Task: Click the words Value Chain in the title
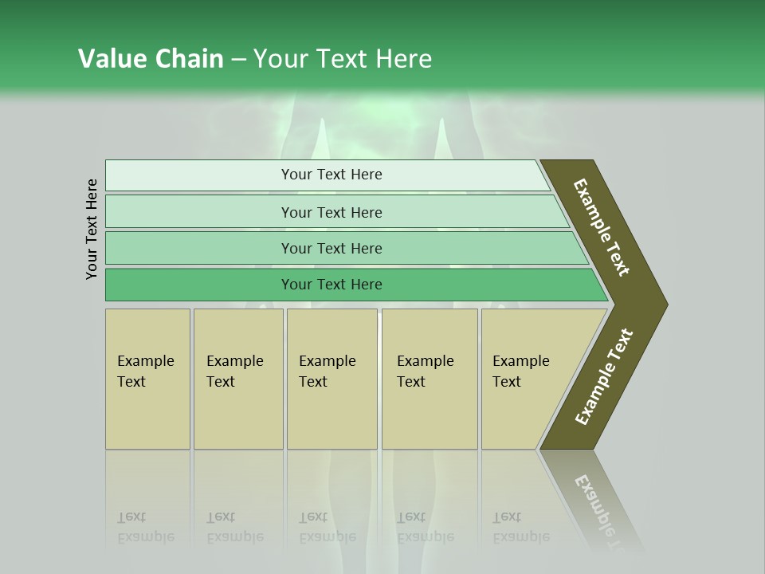[x=151, y=59]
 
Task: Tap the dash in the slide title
[x=238, y=60]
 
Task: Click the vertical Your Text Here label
[x=92, y=229]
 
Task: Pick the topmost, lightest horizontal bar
[x=331, y=175]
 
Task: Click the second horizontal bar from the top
[x=331, y=212]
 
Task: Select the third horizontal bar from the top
[x=331, y=248]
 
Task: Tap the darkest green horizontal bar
[x=331, y=285]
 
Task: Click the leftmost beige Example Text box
[x=147, y=378]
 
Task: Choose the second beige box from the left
[x=237, y=378]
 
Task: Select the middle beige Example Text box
[x=331, y=378]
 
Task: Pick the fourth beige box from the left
[x=429, y=378]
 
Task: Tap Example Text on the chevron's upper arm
[x=602, y=227]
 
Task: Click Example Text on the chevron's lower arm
[x=603, y=377]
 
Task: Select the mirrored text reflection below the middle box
[x=327, y=527]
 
